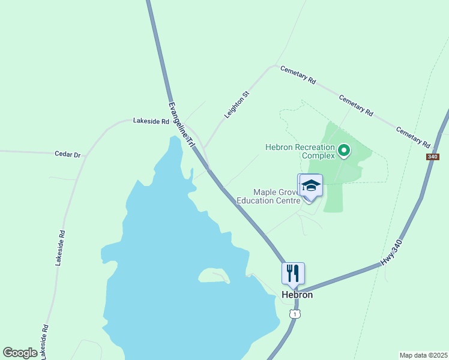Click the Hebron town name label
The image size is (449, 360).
[x=297, y=295]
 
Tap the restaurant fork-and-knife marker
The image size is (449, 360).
[x=293, y=273]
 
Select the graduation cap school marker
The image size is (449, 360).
[x=312, y=185]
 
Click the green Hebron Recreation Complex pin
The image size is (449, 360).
[x=344, y=150]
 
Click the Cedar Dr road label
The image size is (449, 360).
[x=67, y=154]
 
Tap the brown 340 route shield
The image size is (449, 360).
[x=433, y=157]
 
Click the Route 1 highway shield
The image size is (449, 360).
[x=294, y=314]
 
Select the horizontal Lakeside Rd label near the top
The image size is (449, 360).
[x=151, y=121]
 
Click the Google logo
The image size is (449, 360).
[x=20, y=353]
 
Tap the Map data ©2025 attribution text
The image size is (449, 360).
[x=423, y=355]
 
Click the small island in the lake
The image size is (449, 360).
[x=213, y=275]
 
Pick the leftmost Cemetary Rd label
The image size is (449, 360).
[x=298, y=74]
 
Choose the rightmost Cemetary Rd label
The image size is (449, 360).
[x=413, y=137]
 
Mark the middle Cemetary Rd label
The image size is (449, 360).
[x=356, y=105]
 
